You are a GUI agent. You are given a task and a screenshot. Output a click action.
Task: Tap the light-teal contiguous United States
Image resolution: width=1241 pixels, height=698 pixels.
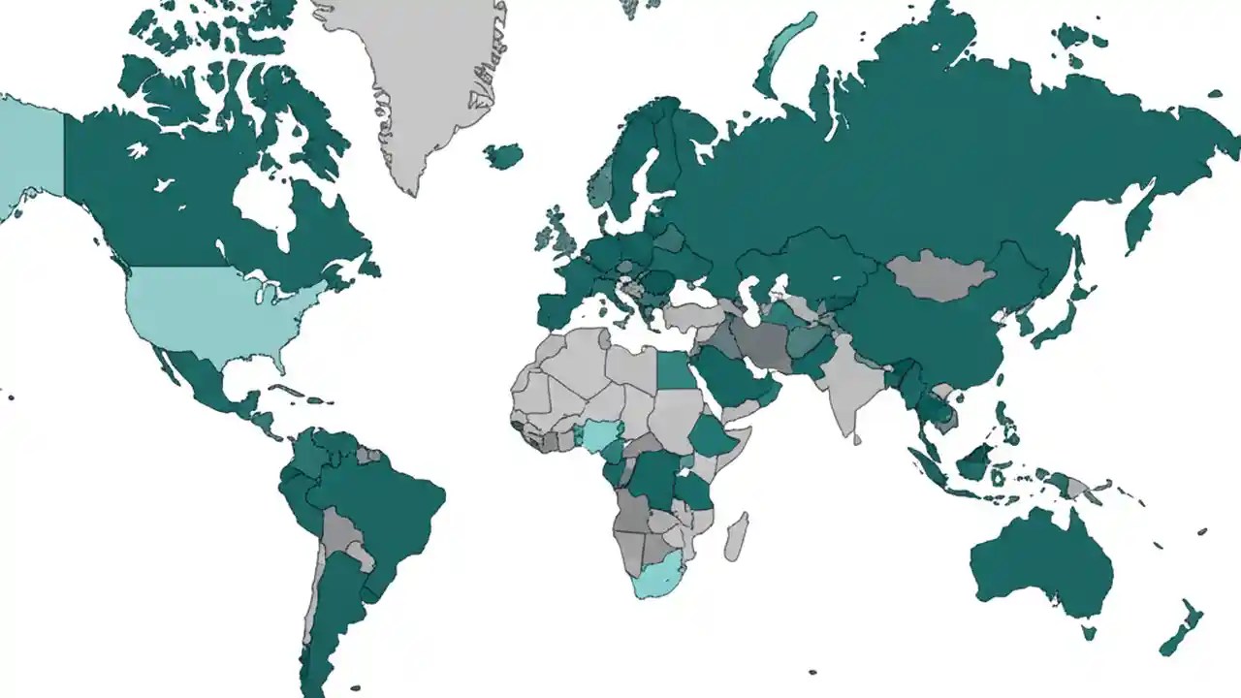(213, 310)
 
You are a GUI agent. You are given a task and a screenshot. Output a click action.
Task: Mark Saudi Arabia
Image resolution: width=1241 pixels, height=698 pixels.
(732, 378)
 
